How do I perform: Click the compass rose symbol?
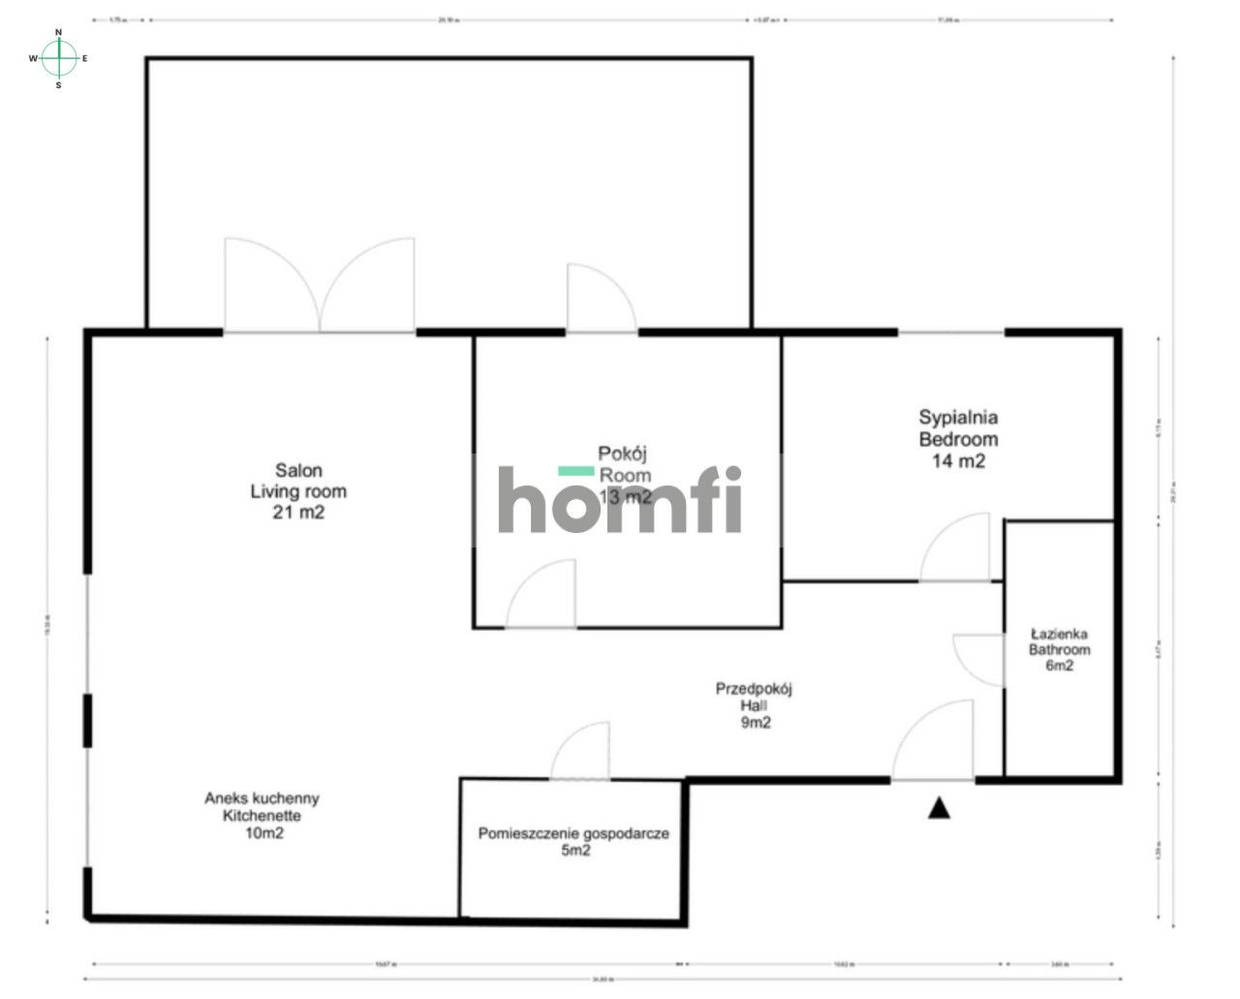[x=59, y=58]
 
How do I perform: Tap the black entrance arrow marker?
[x=938, y=808]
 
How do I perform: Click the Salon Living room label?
[x=298, y=481]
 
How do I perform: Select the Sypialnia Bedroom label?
[x=958, y=428]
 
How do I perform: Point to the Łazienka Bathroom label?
[x=1060, y=642]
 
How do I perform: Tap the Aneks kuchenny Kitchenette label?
[x=262, y=807]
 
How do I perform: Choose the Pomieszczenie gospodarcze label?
[x=573, y=833]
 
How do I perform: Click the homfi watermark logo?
[x=620, y=498]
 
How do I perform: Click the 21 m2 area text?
[x=298, y=513]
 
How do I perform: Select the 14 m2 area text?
[x=958, y=461]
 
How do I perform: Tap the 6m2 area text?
[x=1060, y=666]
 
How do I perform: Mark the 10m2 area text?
[x=263, y=832]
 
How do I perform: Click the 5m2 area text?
[x=574, y=851]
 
